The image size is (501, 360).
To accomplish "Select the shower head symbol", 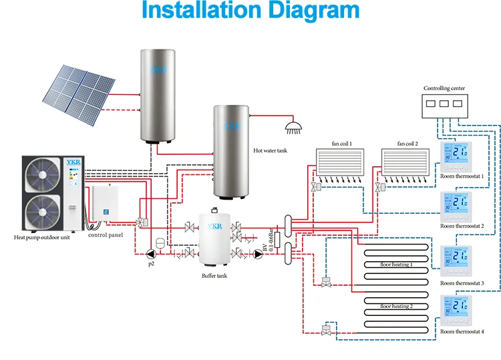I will pos(292,126).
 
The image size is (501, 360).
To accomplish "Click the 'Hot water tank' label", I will pos(270,152).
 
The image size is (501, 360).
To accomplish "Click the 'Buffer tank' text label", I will pos(214,275).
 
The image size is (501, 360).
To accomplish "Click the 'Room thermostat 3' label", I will pos(462,283).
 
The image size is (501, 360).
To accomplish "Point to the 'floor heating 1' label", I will pos(396,264).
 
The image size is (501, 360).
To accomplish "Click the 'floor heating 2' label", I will pos(396,306).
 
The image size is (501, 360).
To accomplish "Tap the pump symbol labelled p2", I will pos(148,253).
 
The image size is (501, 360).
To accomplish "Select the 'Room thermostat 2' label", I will pos(462,226).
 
